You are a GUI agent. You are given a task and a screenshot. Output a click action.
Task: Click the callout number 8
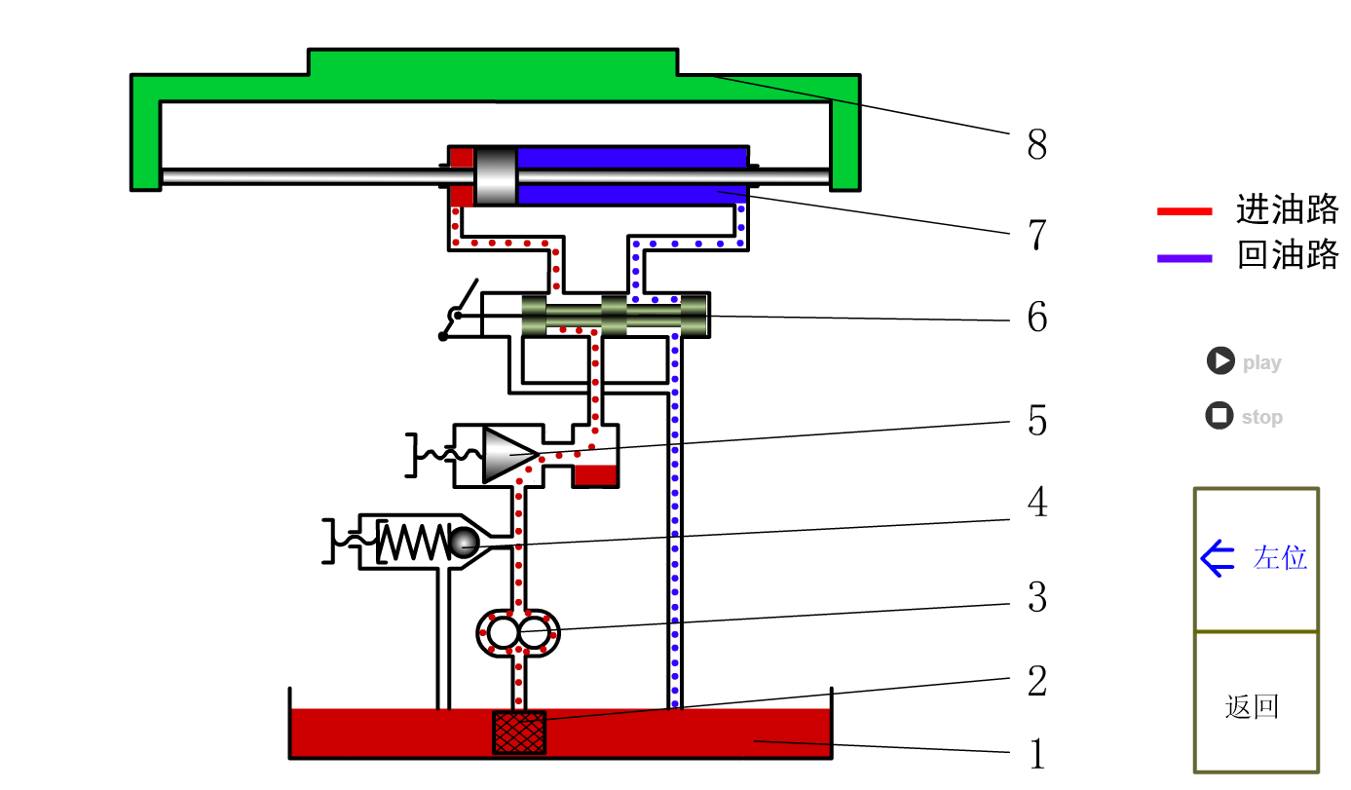[1036, 145]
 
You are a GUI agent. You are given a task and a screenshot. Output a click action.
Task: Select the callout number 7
[1036, 235]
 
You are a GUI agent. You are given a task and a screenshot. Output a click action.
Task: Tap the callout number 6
[1037, 318]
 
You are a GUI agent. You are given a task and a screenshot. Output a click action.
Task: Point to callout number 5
[1037, 421]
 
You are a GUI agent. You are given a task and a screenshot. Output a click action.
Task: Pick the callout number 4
[1037, 503]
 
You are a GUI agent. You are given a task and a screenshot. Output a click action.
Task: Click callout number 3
[1037, 597]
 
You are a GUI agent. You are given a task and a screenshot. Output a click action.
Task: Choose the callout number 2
[1037, 681]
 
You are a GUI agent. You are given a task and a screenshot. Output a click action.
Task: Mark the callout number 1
[1037, 754]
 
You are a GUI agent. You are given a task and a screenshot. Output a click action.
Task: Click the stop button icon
[1220, 416]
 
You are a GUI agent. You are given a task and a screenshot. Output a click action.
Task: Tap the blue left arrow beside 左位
[1218, 559]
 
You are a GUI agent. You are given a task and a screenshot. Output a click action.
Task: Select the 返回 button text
[1252, 706]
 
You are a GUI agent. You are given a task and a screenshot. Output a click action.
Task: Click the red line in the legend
[1184, 211]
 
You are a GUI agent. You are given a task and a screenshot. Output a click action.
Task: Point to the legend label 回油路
[1287, 255]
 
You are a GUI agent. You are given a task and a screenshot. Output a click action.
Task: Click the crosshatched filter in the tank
[519, 733]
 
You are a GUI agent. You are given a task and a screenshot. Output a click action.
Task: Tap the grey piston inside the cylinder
[496, 175]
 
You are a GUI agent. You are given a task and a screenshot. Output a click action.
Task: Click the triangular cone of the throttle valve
[507, 454]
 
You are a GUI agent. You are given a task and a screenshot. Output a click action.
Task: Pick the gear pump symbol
[518, 633]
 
